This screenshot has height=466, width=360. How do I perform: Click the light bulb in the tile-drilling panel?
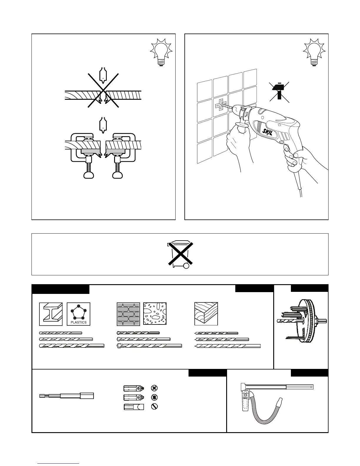click(x=314, y=53)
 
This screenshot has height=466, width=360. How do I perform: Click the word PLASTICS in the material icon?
click(x=79, y=322)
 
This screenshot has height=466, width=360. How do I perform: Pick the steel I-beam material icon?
click(x=51, y=314)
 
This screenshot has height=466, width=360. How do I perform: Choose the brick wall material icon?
click(x=128, y=314)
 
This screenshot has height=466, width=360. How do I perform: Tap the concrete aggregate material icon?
click(x=155, y=314)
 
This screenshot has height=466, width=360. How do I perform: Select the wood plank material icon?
click(x=206, y=314)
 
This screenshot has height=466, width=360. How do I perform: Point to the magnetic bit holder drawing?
click(x=67, y=396)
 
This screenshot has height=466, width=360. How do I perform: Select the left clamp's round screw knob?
click(x=89, y=175)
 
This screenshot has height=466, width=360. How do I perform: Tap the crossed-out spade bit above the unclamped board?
click(x=103, y=75)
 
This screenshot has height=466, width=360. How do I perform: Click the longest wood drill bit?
click(x=228, y=346)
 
